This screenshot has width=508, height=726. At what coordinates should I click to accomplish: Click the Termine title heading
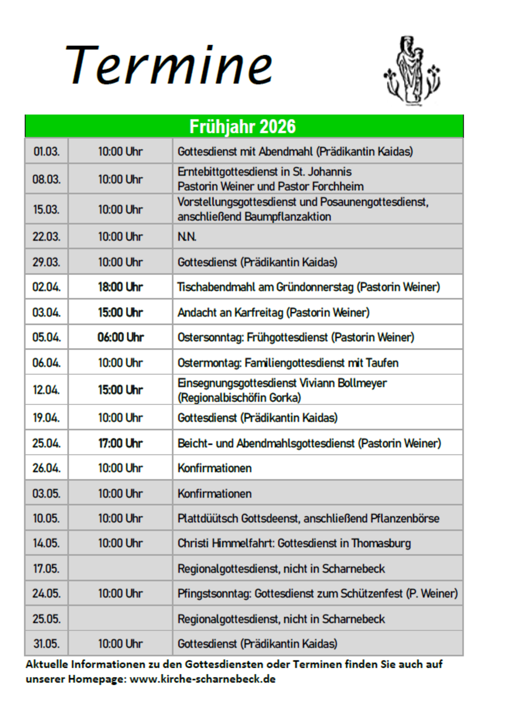pos(168,66)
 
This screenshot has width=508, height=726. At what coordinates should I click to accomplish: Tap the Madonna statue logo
pos(411,70)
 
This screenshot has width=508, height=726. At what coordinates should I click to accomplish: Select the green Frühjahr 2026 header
pos(243,127)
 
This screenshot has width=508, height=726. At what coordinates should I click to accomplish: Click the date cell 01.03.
pos(46,152)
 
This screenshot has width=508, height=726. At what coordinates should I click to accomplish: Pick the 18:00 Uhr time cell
pos(120,287)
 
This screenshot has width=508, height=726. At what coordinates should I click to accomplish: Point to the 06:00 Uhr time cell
pos(120,337)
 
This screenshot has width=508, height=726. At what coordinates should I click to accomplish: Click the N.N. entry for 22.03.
pos(187,236)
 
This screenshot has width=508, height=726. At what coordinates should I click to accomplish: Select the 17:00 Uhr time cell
pos(120,443)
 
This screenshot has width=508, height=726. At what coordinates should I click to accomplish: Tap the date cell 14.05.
pos(46,543)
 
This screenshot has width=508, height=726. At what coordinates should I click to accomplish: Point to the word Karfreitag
pos(259,312)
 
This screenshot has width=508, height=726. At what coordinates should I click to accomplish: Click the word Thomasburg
pos(381,543)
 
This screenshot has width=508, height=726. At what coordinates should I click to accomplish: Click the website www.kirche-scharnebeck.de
pos(202,679)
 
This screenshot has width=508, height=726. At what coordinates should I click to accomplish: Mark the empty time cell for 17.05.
pos(120,568)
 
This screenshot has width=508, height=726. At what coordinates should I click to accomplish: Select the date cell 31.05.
pos(46,644)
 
